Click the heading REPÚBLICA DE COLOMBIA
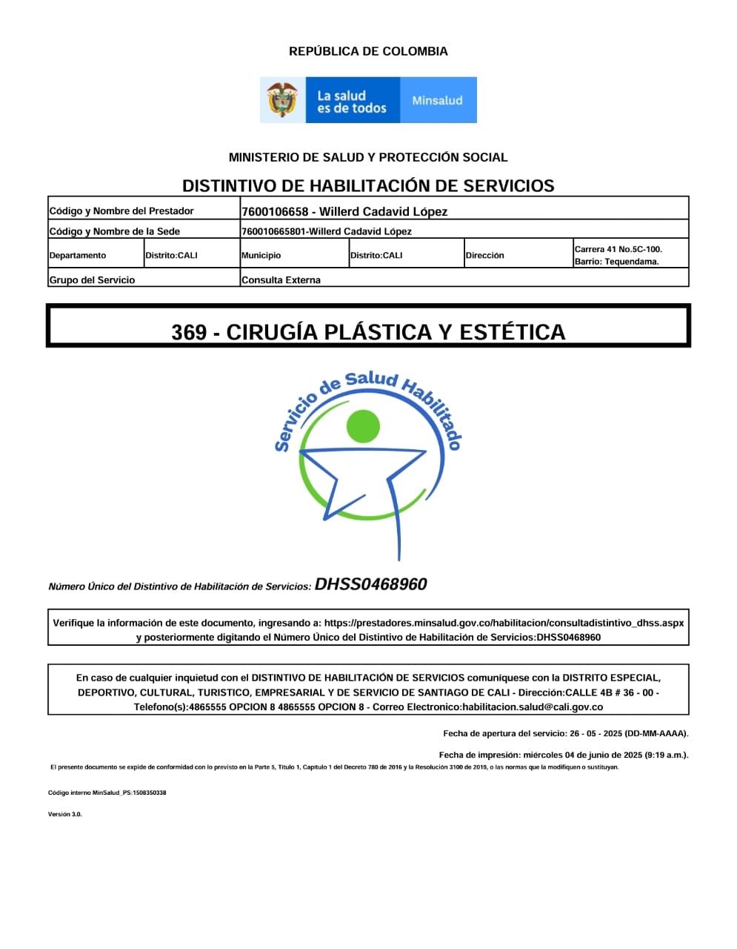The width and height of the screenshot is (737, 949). pyautogui.click(x=368, y=51)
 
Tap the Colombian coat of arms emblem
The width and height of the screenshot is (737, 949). pyautogui.click(x=282, y=100)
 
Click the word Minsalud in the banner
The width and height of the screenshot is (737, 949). pyautogui.click(x=437, y=100)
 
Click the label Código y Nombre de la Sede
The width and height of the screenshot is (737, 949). pyautogui.click(x=114, y=231)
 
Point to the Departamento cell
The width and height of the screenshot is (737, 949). pyautogui.click(x=78, y=255)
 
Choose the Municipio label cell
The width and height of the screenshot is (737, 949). pyautogui.click(x=261, y=255)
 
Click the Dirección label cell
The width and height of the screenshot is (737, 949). pyautogui.click(x=485, y=255)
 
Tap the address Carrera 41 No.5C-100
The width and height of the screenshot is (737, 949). pyautogui.click(x=618, y=249)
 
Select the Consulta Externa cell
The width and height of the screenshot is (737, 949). pyautogui.click(x=281, y=280)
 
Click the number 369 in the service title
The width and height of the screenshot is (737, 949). pyautogui.click(x=189, y=332)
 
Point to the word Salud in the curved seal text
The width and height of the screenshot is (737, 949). pyautogui.click(x=371, y=380)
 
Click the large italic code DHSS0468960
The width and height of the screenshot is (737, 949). pyautogui.click(x=370, y=584)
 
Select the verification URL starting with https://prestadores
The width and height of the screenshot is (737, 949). pyautogui.click(x=504, y=623)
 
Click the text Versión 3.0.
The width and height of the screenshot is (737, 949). pyautogui.click(x=65, y=814)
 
